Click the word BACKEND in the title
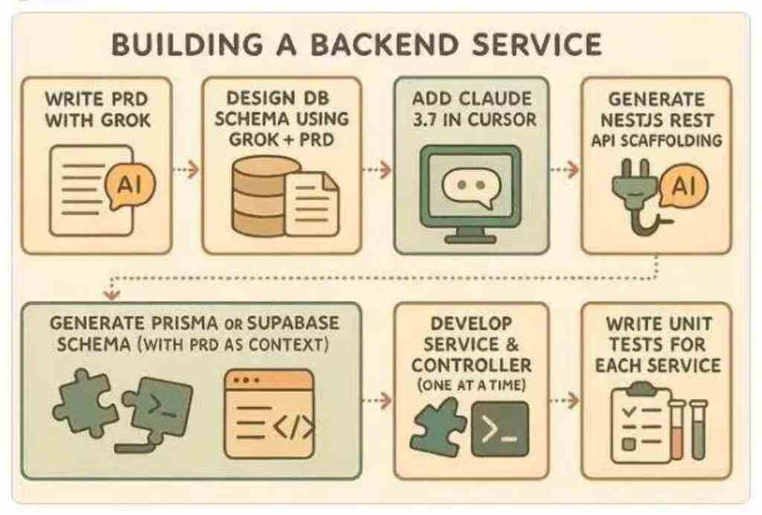383,44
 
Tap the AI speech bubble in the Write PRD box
129,185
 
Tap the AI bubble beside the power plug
684,186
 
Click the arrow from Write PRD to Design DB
187,170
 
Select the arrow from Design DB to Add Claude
377,170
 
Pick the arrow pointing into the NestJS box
565,170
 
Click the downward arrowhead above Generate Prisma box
112,294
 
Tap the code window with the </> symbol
269,414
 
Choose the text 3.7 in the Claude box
424,120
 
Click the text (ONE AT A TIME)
471,386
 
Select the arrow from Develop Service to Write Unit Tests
565,400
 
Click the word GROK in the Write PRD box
124,120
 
